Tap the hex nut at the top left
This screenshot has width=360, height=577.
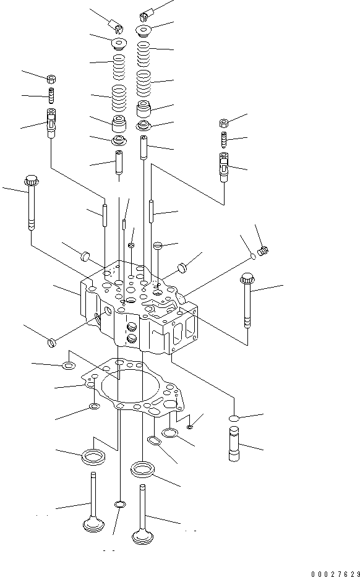tap(53, 78)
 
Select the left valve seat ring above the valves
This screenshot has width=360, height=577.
tap(93, 456)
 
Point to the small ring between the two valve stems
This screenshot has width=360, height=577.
tap(119, 505)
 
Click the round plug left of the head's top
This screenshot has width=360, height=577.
tap(85, 254)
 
